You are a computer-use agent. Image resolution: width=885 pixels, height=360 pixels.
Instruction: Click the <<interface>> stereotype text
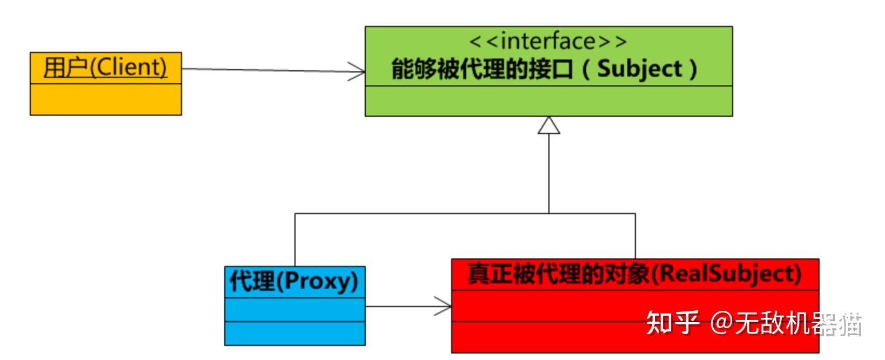548,42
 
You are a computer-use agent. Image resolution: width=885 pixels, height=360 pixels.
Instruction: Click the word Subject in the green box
640,69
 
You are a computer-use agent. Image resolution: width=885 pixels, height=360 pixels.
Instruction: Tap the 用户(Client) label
105,68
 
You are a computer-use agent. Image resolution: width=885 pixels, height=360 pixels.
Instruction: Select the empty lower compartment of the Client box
105,99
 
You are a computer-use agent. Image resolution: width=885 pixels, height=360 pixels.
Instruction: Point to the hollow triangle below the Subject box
549,125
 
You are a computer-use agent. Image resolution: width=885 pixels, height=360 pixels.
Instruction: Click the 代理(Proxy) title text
294,281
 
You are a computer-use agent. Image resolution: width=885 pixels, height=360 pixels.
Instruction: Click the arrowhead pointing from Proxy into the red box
444,306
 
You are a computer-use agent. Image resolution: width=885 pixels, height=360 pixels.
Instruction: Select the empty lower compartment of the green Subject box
548,101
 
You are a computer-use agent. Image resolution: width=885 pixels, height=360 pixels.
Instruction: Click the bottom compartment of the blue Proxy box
294,333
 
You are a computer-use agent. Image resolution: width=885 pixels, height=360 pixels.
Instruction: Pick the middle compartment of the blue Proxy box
294,309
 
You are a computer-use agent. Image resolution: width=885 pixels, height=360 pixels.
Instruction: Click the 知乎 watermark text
673,323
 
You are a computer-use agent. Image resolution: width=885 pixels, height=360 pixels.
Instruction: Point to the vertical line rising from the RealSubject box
635,236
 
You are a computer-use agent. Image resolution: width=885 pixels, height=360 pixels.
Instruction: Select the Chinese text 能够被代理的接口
481,70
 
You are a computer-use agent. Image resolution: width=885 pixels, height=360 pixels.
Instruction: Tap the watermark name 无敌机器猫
797,324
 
